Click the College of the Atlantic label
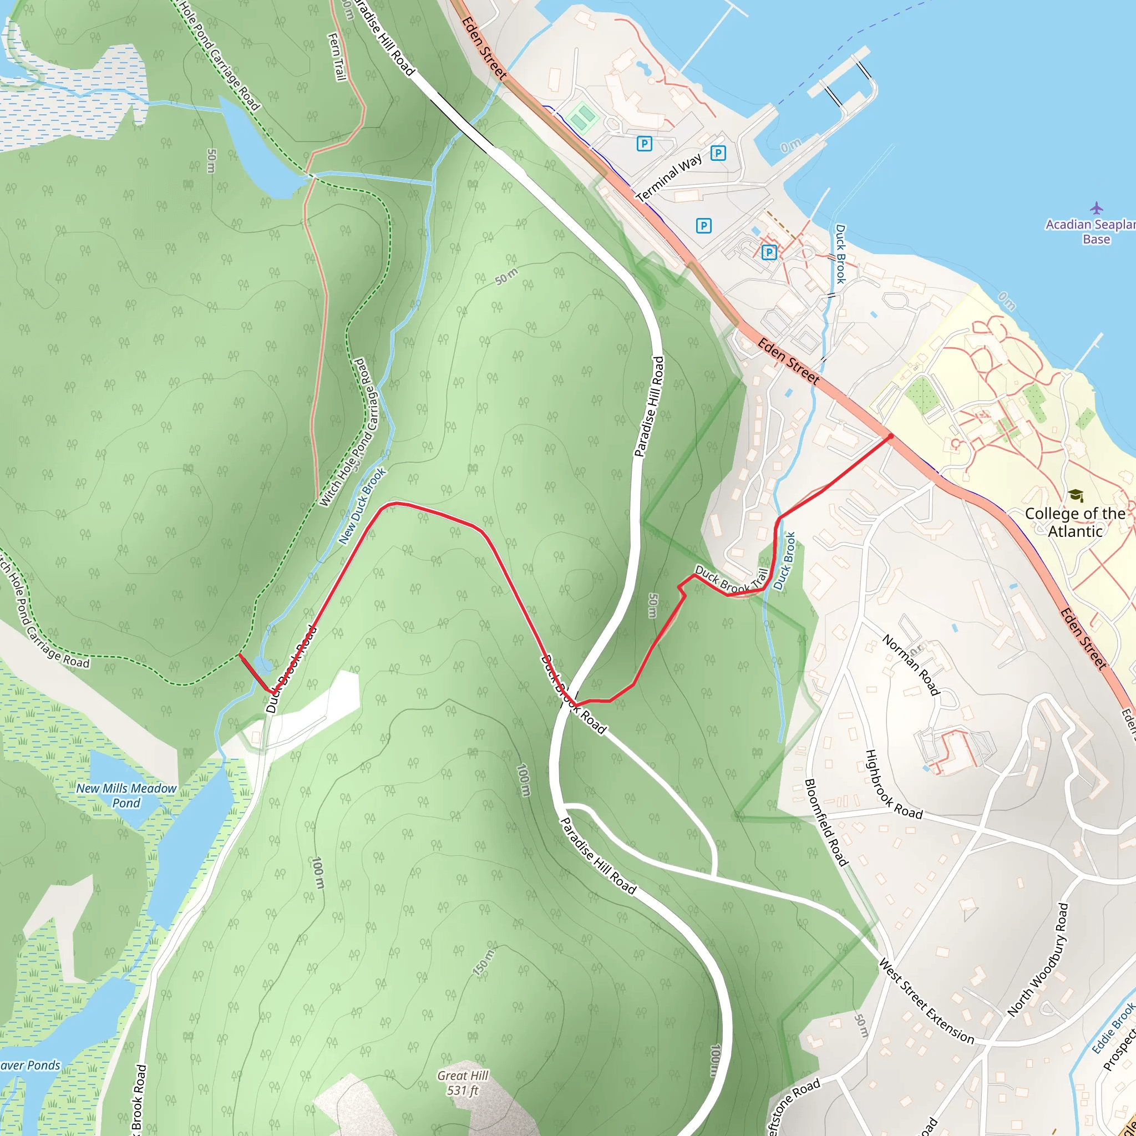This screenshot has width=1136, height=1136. [x=1075, y=522]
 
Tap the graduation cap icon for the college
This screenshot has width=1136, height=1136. [x=1076, y=496]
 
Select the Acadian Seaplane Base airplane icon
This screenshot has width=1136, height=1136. [x=1097, y=208]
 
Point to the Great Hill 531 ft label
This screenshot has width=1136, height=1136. [x=463, y=1083]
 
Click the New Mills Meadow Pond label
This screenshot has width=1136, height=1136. [x=126, y=795]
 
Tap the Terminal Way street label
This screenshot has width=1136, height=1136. [x=669, y=177]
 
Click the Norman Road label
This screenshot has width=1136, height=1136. [x=911, y=665]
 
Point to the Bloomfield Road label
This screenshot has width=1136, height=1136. [x=826, y=823]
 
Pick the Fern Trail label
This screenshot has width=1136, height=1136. [x=336, y=57]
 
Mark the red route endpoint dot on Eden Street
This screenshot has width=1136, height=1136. [x=890, y=437]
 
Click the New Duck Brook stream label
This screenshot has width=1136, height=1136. [x=362, y=506]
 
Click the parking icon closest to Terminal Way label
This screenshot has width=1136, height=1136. [x=645, y=143]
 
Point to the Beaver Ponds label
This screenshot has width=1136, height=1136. [x=29, y=1066]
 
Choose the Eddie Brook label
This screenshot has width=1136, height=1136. [x=1113, y=1028]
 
